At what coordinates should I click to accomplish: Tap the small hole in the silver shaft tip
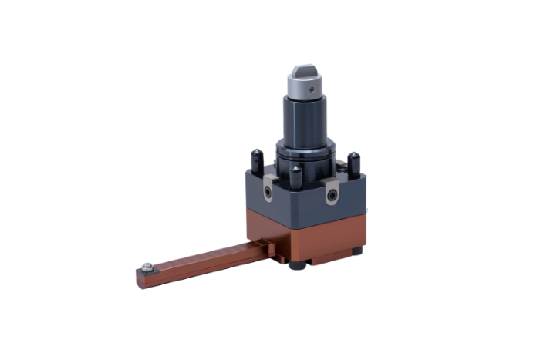tap(309, 89)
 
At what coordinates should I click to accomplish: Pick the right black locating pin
tap(354, 163)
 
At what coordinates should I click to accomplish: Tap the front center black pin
tap(295, 178)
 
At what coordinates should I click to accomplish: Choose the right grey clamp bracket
tap(331, 193)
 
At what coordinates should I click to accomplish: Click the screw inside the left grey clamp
tap(267, 190)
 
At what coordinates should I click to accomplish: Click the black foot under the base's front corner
tap(297, 267)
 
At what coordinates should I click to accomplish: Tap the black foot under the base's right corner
tap(356, 251)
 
